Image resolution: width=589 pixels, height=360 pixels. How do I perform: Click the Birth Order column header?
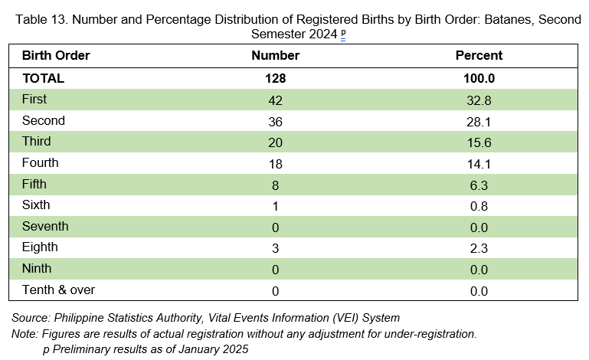click(56, 56)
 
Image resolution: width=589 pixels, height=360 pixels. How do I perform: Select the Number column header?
click(275, 56)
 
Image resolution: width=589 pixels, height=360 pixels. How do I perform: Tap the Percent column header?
click(479, 56)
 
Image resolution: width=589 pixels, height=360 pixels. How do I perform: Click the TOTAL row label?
click(43, 79)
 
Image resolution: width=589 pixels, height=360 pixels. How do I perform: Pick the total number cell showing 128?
click(275, 79)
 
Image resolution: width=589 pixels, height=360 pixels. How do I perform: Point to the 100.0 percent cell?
click(479, 79)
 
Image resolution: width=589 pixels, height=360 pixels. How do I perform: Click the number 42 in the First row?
click(275, 100)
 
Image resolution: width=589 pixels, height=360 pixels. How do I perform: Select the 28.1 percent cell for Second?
click(479, 122)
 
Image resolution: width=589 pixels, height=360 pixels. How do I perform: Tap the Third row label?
click(37, 141)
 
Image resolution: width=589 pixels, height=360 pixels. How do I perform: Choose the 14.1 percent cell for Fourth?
click(479, 164)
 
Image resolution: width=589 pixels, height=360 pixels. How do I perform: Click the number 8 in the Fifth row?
click(275, 185)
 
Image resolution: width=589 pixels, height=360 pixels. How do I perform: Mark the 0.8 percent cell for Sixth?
click(479, 206)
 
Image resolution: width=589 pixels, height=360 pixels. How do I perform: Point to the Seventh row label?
click(45, 226)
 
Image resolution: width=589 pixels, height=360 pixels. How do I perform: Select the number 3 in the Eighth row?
click(275, 248)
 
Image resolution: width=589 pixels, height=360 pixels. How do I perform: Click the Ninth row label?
click(37, 268)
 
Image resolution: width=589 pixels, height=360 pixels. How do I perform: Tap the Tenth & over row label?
click(59, 290)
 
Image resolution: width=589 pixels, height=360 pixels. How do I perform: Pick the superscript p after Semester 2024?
click(343, 33)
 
